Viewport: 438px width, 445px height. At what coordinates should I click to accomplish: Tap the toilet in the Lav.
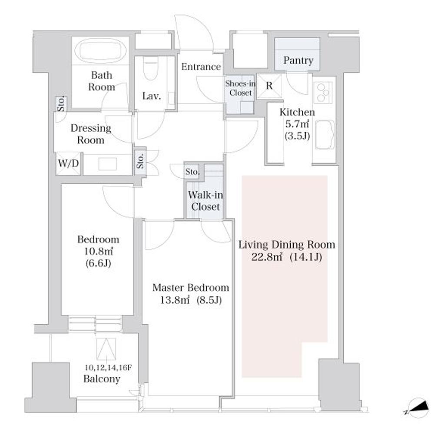click(151, 67)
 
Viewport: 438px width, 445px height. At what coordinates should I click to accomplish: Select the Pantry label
click(298, 60)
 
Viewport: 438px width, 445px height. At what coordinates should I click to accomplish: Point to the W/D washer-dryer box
click(68, 163)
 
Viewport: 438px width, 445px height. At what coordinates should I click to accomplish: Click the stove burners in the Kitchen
click(323, 92)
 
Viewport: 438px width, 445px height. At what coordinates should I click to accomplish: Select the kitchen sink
click(325, 135)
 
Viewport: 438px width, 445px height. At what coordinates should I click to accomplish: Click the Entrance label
click(201, 66)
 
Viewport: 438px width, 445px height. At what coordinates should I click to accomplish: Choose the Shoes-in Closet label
click(240, 88)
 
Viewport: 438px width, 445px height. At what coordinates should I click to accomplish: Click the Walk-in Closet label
click(206, 201)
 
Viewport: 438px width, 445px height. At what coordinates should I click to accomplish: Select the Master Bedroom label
click(191, 288)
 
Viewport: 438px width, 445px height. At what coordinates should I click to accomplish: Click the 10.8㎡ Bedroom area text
click(98, 252)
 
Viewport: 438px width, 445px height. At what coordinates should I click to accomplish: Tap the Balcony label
click(102, 379)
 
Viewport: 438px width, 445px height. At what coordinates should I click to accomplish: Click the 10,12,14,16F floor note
click(108, 368)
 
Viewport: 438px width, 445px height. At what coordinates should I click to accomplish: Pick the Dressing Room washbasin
click(107, 164)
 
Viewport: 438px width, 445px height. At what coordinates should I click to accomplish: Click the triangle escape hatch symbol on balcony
click(106, 349)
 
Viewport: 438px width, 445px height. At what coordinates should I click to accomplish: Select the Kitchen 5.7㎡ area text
click(297, 124)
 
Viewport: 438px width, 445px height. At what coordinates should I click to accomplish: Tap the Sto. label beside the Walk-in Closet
click(192, 172)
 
